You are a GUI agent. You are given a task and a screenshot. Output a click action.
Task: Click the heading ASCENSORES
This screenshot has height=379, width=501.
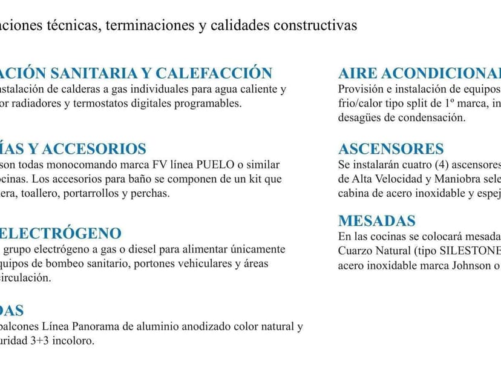pos(391,149)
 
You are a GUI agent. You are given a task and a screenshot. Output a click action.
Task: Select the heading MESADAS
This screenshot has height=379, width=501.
pos(377,221)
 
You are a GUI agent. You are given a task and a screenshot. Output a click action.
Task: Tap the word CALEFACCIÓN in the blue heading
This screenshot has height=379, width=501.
pos(214,73)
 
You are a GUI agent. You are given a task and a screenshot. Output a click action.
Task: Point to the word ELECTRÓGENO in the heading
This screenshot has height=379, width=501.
pos(61,233)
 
